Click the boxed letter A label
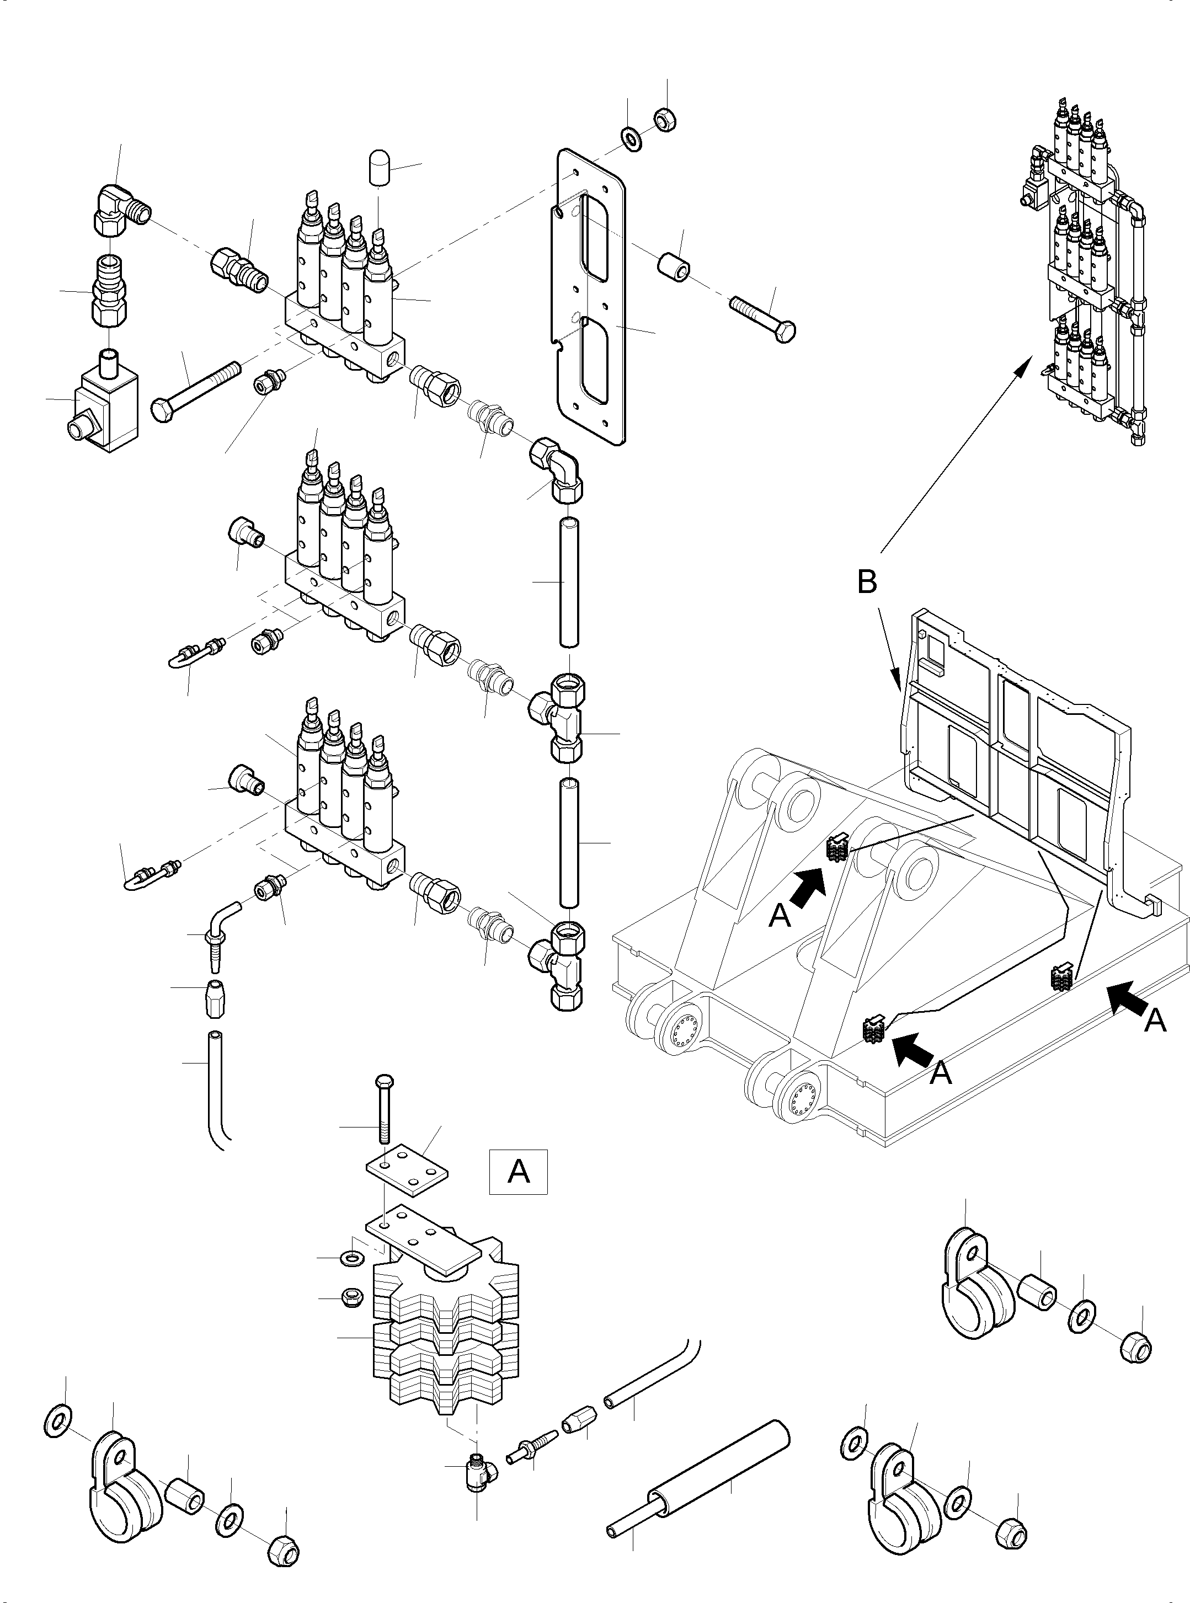coord(518,1172)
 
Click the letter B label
coord(867,582)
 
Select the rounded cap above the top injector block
coord(379,168)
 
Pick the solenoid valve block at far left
coord(106,410)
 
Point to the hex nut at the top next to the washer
coord(664,119)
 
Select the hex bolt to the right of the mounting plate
coord(764,320)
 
